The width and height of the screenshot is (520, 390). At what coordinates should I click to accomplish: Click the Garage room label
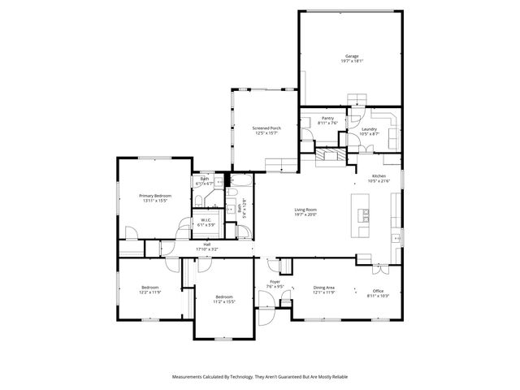tap(352, 56)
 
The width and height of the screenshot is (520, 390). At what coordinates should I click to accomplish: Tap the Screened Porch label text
tap(266, 128)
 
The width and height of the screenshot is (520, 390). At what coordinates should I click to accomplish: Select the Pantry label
tap(327, 119)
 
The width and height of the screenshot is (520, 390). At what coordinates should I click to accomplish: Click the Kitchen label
tap(379, 176)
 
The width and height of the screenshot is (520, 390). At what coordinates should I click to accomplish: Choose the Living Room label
tap(305, 210)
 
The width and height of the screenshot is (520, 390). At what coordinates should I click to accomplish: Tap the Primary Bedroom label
tap(154, 195)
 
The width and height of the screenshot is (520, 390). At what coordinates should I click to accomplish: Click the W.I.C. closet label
tap(206, 220)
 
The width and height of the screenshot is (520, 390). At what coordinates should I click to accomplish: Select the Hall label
tap(207, 244)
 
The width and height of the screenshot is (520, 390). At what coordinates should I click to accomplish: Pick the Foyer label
tap(275, 282)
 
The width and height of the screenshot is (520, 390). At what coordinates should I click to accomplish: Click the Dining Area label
tap(325, 287)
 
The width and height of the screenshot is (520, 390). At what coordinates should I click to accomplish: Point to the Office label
tap(378, 291)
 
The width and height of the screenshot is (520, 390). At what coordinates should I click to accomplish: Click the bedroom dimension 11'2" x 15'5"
tap(223, 301)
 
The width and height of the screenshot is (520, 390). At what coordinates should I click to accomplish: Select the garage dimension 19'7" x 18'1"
tap(352, 61)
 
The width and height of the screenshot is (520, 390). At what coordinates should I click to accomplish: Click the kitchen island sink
tap(367, 216)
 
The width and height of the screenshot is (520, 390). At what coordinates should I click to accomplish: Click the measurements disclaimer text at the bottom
tap(259, 377)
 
